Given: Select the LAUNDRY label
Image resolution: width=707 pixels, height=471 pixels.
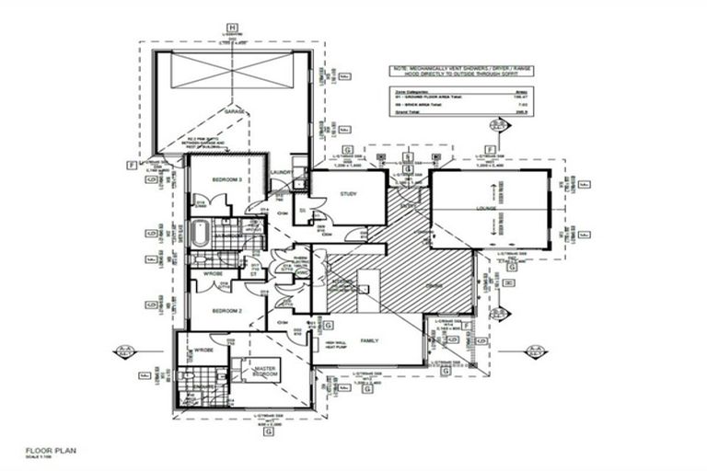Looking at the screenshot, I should point(282,172).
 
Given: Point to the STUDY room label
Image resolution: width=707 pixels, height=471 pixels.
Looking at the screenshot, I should point(348,194).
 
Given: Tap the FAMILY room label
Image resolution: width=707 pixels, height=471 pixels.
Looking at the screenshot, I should point(370,340).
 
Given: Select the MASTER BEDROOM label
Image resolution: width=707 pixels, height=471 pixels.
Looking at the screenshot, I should point(267,373).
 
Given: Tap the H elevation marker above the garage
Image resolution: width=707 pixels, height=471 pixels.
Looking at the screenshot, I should point(233,29).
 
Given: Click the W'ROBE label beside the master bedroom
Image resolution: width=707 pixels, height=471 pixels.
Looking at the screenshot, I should point(203,351).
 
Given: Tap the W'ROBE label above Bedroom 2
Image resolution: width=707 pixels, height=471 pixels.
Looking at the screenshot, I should point(214,273).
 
